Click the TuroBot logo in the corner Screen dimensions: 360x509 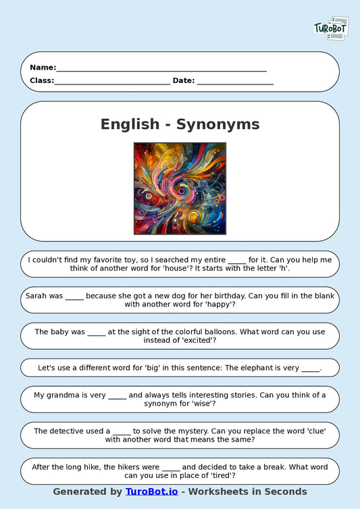click(x=331, y=28)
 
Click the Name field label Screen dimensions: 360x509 click(x=43, y=68)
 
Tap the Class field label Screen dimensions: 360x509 click(x=41, y=80)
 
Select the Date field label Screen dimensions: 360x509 click(x=184, y=80)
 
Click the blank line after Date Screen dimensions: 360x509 click(x=235, y=82)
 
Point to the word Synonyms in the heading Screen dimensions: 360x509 click(x=217, y=124)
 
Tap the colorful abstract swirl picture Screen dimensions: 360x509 click(x=180, y=188)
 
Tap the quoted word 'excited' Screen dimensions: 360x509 click(x=195, y=340)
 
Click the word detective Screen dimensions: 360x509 click(x=74, y=431)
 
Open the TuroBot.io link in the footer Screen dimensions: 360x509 click(x=152, y=491)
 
